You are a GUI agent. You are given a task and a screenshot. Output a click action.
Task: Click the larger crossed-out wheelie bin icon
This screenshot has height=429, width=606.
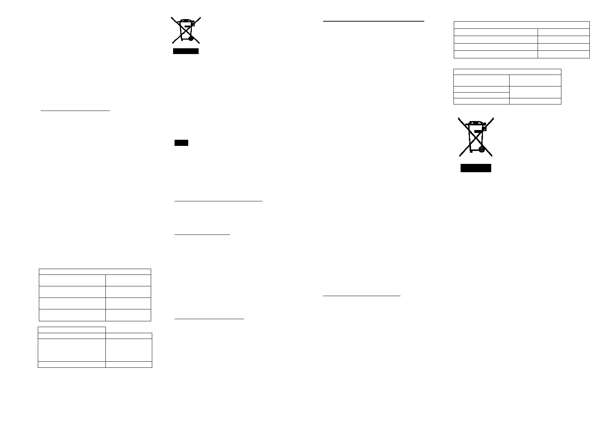click(x=476, y=137)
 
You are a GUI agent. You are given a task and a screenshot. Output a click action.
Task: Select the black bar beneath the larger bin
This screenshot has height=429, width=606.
click(x=476, y=168)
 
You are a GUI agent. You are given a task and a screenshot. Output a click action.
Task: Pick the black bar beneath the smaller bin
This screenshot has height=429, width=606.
click(x=186, y=51)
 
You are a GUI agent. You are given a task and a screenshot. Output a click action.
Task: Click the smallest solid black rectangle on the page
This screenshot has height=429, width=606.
click(x=181, y=143)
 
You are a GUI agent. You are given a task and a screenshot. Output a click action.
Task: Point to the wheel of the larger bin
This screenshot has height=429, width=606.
click(x=481, y=149)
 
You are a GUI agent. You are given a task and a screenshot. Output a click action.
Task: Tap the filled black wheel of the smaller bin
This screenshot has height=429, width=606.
click(x=191, y=38)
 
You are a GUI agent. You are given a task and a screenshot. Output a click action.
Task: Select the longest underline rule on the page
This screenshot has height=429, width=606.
click(x=374, y=21)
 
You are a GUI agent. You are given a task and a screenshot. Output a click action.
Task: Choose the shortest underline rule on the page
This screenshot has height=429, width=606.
click(x=202, y=235)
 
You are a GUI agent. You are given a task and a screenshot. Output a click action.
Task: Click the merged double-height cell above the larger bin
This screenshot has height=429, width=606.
click(x=535, y=92)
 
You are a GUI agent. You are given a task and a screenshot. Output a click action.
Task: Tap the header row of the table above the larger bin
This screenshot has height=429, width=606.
click(x=507, y=72)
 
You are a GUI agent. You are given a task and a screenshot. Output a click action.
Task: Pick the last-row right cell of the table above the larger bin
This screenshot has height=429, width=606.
click(x=535, y=101)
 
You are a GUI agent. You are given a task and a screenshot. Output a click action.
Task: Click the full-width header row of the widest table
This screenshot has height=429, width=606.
click(x=521, y=25)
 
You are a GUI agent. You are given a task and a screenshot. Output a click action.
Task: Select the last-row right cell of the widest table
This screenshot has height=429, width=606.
click(x=564, y=54)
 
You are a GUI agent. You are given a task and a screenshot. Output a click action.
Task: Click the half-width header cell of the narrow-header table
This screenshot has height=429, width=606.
click(x=72, y=330)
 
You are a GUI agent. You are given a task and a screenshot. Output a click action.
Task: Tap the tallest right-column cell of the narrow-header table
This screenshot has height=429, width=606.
click(x=128, y=350)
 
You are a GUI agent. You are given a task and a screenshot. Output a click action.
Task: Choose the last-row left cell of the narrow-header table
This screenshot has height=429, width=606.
click(x=72, y=364)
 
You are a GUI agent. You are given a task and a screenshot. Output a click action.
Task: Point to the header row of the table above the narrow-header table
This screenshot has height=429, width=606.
click(x=95, y=272)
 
